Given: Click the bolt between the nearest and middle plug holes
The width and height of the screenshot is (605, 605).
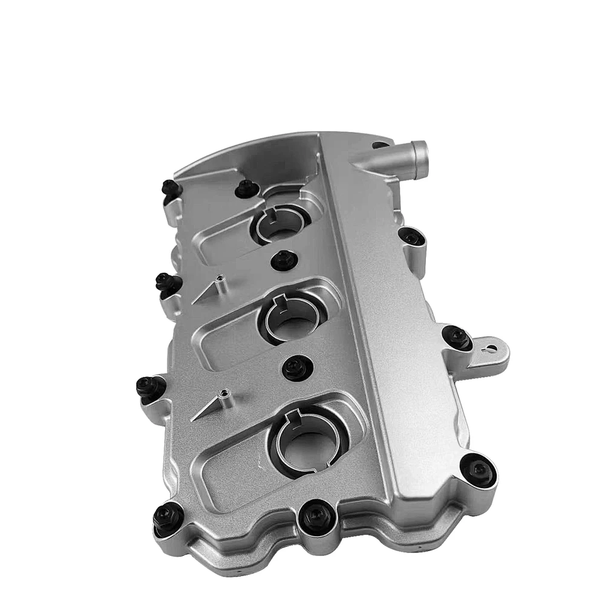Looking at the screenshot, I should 295,366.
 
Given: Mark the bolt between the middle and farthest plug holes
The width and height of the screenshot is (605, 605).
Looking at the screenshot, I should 283,260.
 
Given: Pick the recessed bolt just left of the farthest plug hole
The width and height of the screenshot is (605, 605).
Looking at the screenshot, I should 245,189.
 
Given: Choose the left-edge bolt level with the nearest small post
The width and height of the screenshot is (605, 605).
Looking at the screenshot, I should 148,386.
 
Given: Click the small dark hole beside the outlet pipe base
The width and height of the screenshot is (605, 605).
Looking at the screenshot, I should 379,145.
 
